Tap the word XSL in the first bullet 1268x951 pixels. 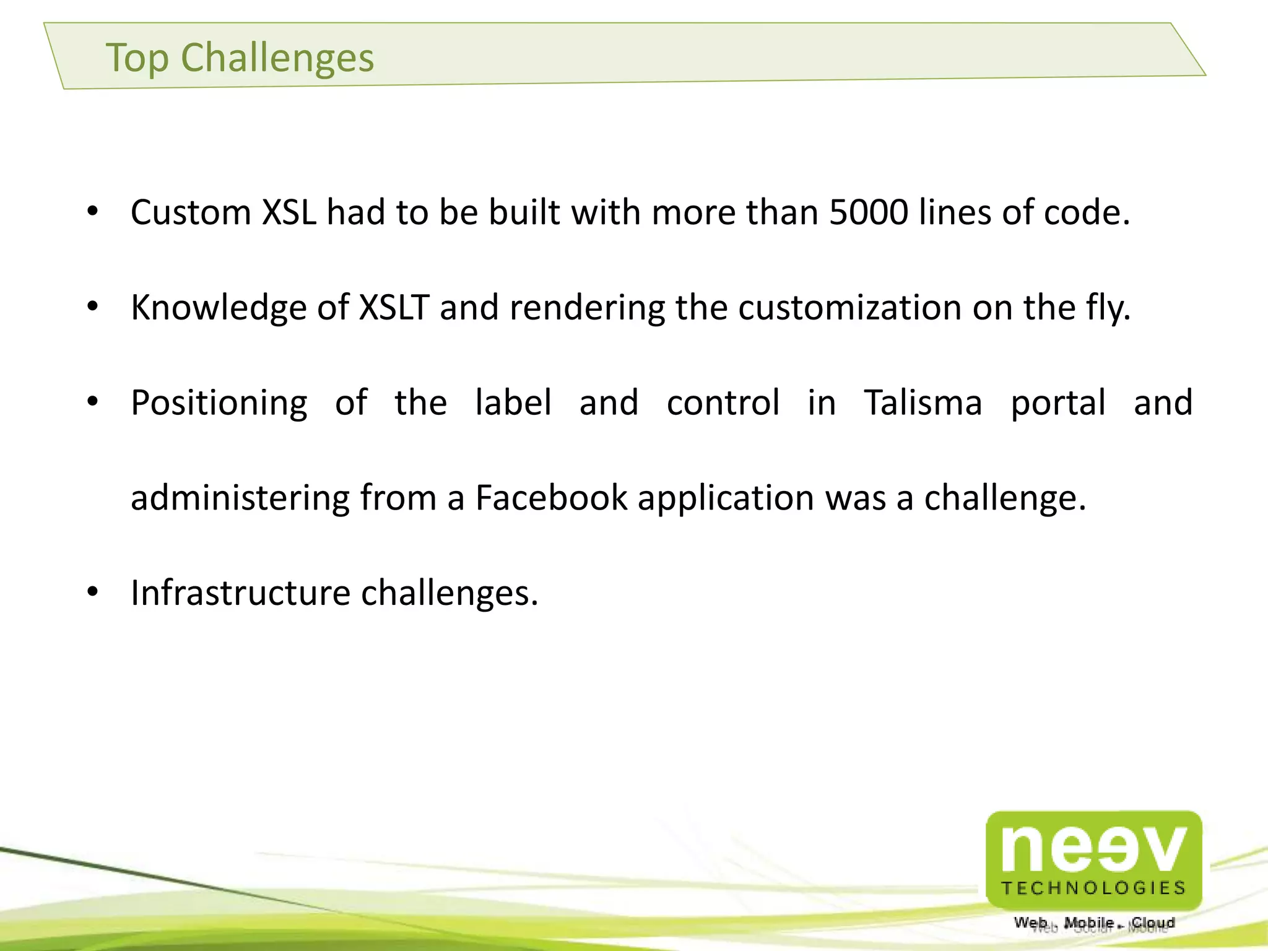click(289, 212)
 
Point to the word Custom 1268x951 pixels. click(191, 212)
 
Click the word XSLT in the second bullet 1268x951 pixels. click(394, 307)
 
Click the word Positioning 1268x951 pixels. click(219, 404)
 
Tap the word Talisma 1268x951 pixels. click(923, 402)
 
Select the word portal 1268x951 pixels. click(1058, 404)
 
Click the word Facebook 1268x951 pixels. click(551, 498)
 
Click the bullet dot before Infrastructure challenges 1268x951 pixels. click(93, 593)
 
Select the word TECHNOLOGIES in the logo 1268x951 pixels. click(1094, 888)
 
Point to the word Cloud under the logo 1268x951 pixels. click(1153, 923)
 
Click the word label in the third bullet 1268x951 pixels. click(513, 402)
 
